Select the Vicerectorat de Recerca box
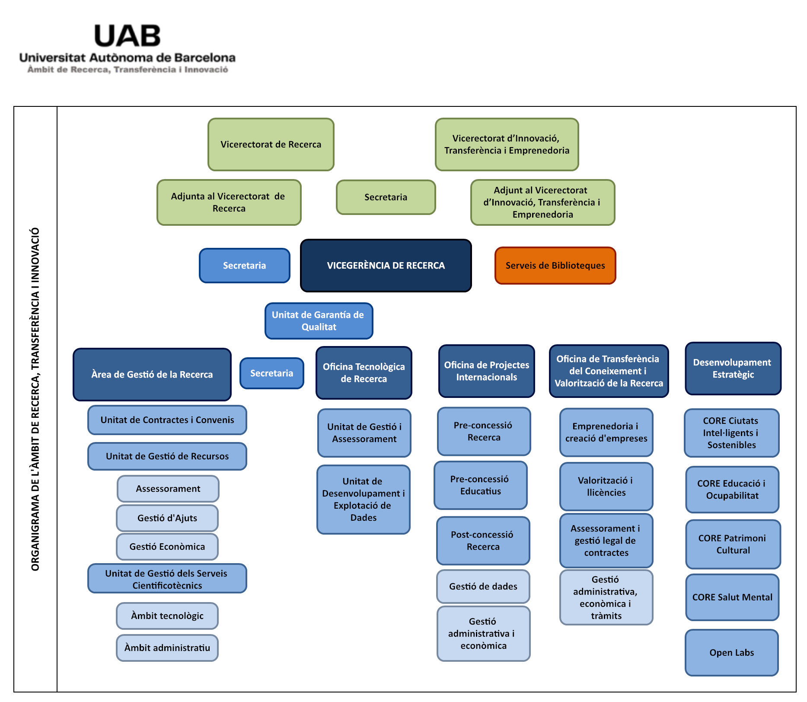(271, 144)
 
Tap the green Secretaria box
(386, 197)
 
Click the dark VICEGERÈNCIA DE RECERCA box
(386, 266)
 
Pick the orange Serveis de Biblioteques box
(555, 266)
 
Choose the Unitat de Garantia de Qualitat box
(319, 321)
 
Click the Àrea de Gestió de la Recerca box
(152, 375)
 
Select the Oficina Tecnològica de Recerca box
(364, 373)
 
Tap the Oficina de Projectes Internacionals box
(486, 371)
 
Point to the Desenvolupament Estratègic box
(733, 369)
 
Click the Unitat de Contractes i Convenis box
(167, 420)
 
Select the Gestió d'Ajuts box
(167, 518)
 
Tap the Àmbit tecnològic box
(167, 616)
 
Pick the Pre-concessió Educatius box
(480, 485)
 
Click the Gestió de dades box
(483, 587)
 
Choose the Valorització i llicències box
(606, 487)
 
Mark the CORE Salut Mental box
(732, 597)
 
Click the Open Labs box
(731, 653)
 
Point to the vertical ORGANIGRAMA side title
(35, 399)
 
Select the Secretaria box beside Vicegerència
(244, 266)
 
